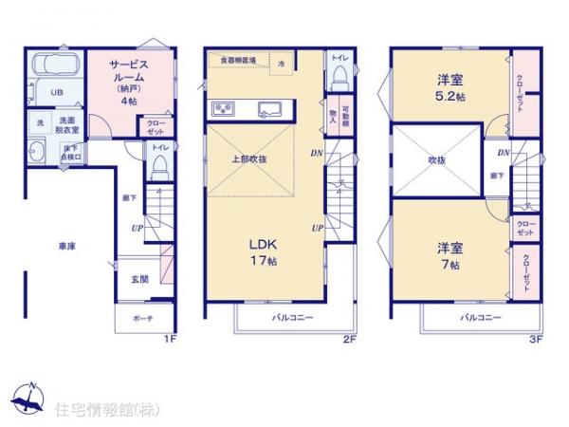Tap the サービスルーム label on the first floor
(x=130, y=74)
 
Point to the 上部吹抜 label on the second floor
(x=249, y=158)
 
